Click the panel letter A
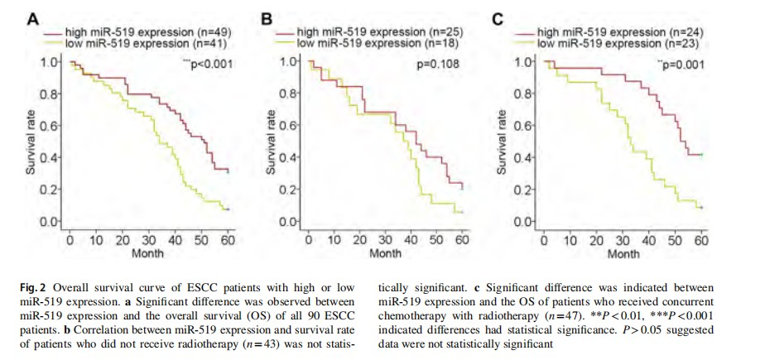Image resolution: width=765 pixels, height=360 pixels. tap(31, 16)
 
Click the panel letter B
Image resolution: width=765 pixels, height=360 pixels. tap(267, 16)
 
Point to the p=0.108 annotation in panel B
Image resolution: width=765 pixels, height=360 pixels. tap(437, 63)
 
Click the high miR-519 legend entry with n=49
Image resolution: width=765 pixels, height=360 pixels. tap(139, 31)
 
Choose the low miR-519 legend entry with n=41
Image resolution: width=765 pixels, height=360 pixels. tap(137, 41)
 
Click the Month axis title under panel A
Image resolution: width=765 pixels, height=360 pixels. tap(147, 253)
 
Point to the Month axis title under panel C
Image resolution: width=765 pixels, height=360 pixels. tap(623, 253)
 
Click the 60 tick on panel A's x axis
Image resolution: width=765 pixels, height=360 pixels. tap(226, 240)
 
